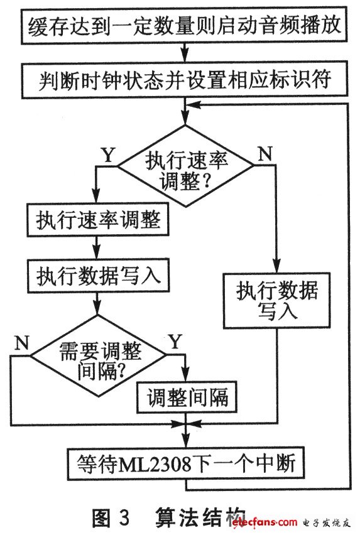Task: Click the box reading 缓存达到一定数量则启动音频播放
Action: pyautogui.click(x=184, y=26)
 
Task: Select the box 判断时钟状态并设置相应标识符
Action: pyautogui.click(x=185, y=80)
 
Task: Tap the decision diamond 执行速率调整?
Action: pyautogui.click(x=185, y=166)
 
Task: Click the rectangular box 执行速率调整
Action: pyautogui.click(x=98, y=220)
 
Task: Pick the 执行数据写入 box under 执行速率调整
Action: pyautogui.click(x=98, y=276)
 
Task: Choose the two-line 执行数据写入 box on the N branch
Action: pyautogui.click(x=276, y=301)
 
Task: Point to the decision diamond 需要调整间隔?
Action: pyautogui.click(x=98, y=356)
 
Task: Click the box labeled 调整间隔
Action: pyautogui.click(x=187, y=397)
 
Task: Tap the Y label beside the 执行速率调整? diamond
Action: pyautogui.click(x=109, y=155)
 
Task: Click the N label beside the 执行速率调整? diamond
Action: pyautogui.click(x=265, y=154)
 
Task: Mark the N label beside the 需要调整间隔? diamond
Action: pyautogui.click(x=22, y=343)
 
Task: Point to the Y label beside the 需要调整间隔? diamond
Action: pyautogui.click(x=175, y=341)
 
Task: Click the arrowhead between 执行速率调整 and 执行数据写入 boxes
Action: pyautogui.click(x=97, y=253)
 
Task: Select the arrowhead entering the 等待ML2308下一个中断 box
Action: pyautogui.click(x=185, y=441)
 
